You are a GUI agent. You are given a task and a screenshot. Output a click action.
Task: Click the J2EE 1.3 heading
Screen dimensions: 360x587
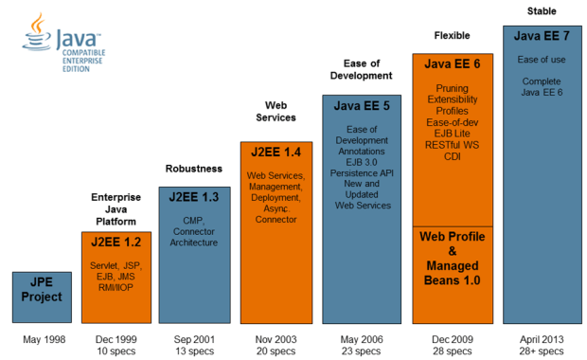click(x=193, y=197)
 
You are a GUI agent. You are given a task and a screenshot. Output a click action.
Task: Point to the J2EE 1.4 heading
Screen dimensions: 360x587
click(x=276, y=152)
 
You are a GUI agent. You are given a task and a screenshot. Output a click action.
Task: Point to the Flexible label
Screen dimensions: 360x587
click(x=452, y=36)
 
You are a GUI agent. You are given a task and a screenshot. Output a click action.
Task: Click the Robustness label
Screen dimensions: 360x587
click(x=193, y=169)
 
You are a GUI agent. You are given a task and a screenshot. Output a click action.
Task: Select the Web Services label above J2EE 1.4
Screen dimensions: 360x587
click(x=276, y=111)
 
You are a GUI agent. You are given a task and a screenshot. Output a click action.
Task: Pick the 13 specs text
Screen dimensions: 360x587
click(x=193, y=351)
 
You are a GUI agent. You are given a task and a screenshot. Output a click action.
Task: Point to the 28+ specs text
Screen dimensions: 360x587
click(x=540, y=351)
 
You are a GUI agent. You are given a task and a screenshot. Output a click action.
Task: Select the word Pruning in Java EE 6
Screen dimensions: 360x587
click(x=445, y=87)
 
